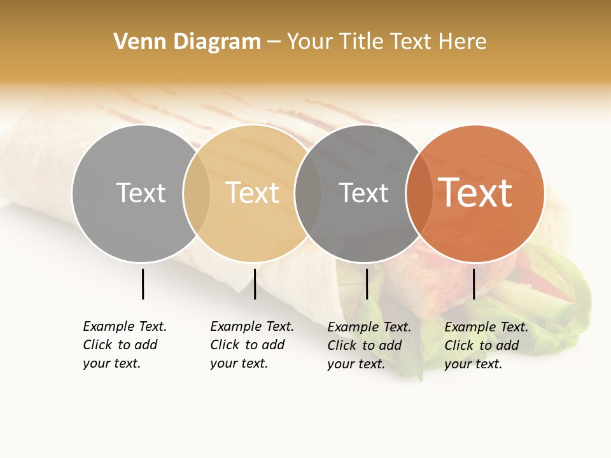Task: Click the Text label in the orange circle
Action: click(475, 193)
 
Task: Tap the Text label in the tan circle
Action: click(252, 193)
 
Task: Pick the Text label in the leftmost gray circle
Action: click(141, 193)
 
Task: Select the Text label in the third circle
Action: click(363, 193)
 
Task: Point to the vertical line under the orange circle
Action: click(474, 284)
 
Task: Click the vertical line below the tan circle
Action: click(255, 284)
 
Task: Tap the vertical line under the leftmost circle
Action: click(143, 284)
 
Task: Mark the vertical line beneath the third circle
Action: click(367, 284)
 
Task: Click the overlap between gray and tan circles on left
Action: click(197, 193)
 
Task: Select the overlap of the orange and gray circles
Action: click(419, 193)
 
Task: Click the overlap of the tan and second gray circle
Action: click(308, 193)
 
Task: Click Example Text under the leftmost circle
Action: click(125, 326)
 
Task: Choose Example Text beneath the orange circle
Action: click(486, 327)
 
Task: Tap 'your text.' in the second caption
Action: click(239, 363)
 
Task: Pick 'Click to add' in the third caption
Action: click(365, 345)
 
